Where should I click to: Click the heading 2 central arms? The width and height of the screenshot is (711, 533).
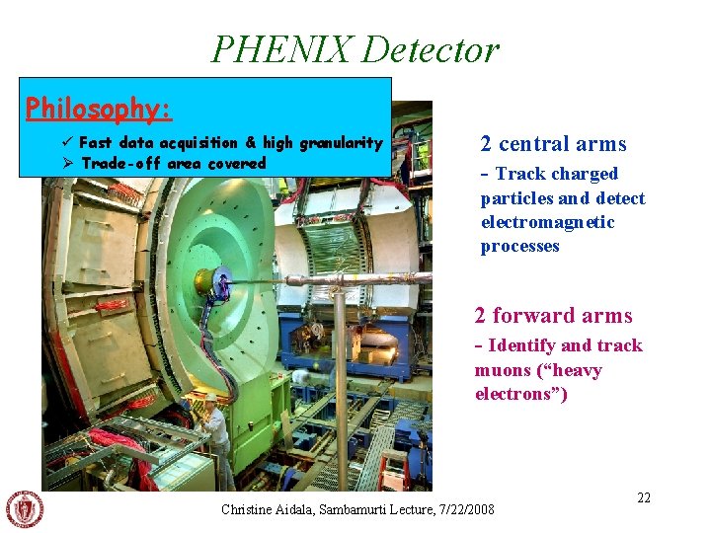pyautogui.click(x=553, y=144)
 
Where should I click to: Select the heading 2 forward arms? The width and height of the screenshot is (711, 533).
pyautogui.click(x=553, y=316)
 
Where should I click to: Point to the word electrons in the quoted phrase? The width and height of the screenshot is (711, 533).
pyautogui.click(x=517, y=394)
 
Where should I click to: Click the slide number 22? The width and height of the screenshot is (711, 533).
pyautogui.click(x=644, y=497)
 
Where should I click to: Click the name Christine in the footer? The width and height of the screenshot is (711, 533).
pyautogui.click(x=248, y=510)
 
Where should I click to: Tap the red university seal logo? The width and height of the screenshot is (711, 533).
pyautogui.click(x=25, y=509)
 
